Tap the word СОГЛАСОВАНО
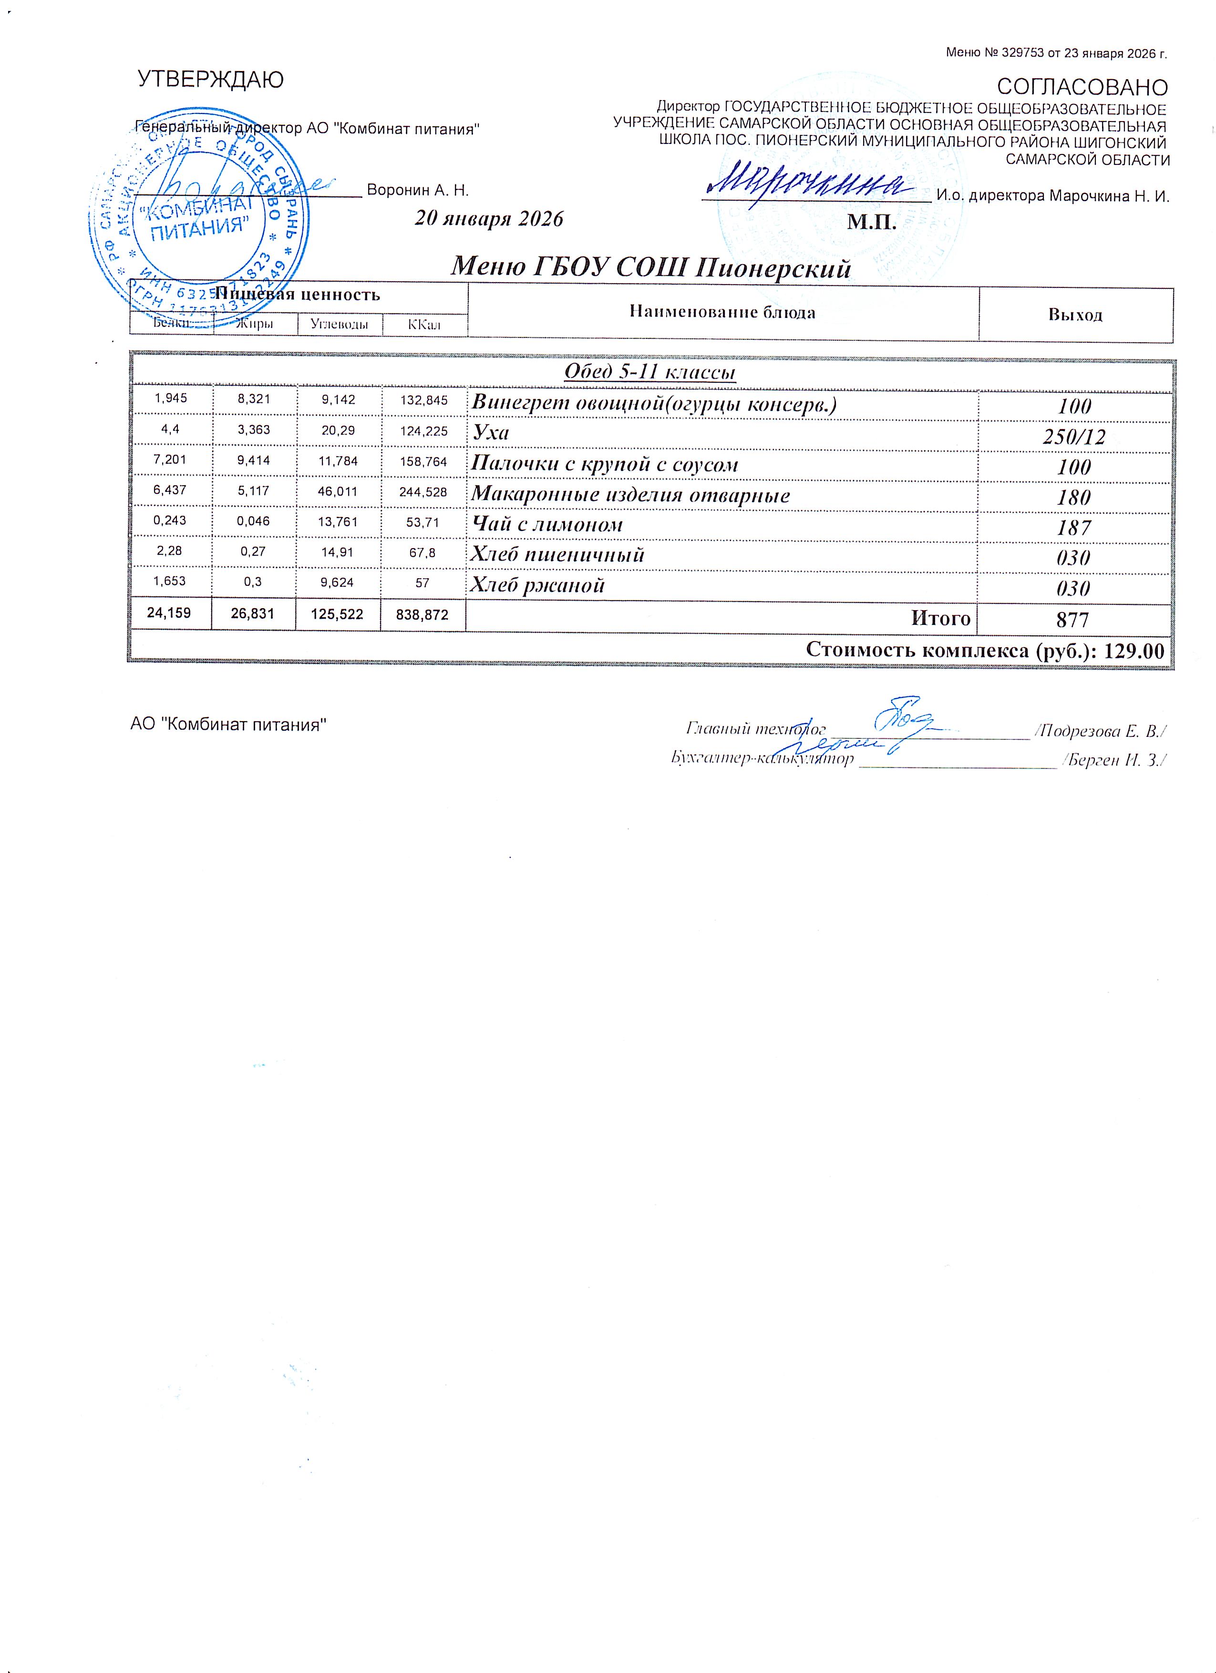[1082, 87]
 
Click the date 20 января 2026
[488, 219]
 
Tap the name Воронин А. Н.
[418, 190]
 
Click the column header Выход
[1075, 315]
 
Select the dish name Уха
[491, 432]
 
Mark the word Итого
[941, 618]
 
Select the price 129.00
[1133, 651]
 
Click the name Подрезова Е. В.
[1100, 731]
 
